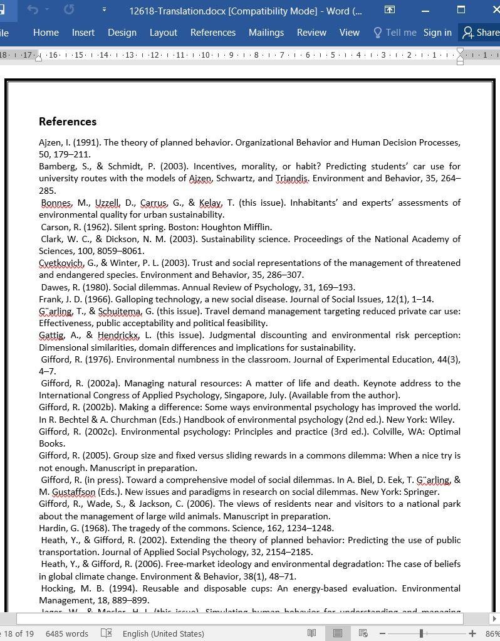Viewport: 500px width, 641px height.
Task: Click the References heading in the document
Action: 68,122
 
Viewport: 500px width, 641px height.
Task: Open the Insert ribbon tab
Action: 83,33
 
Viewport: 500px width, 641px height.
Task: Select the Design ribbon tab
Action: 122,33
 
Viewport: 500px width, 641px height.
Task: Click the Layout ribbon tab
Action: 163,33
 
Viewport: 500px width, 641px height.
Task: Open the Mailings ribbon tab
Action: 266,33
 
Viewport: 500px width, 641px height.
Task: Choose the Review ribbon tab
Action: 311,33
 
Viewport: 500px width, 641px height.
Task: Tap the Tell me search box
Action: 395,33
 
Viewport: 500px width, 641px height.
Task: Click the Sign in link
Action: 437,33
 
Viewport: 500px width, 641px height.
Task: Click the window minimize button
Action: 425,10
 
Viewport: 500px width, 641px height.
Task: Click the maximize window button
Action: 461,10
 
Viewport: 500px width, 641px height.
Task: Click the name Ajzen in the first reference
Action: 51,142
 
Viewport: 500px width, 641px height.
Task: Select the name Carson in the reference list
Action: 55,227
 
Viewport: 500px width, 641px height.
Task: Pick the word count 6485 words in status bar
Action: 66,633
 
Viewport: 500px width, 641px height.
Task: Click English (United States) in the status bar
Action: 163,633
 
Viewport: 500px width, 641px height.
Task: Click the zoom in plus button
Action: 472,633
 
